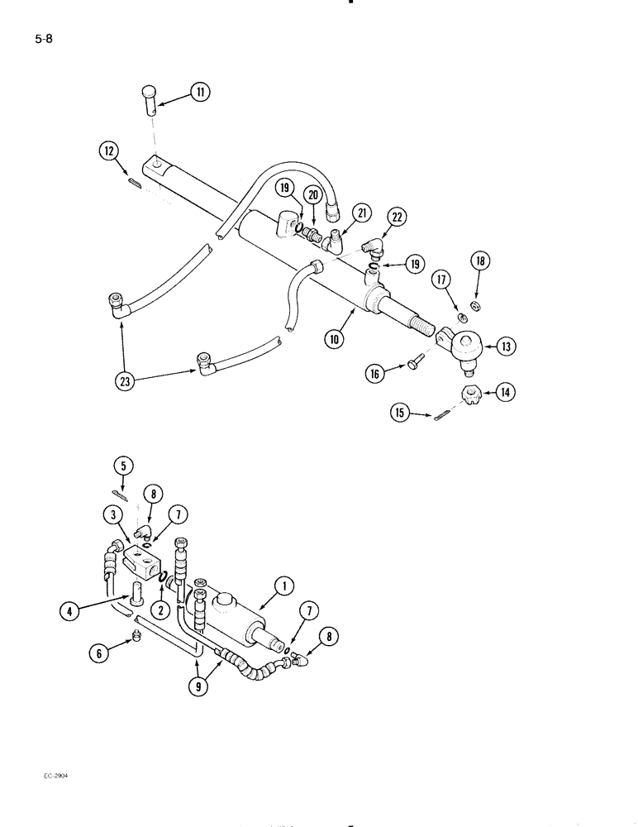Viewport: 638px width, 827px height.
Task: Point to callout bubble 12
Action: point(109,150)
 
